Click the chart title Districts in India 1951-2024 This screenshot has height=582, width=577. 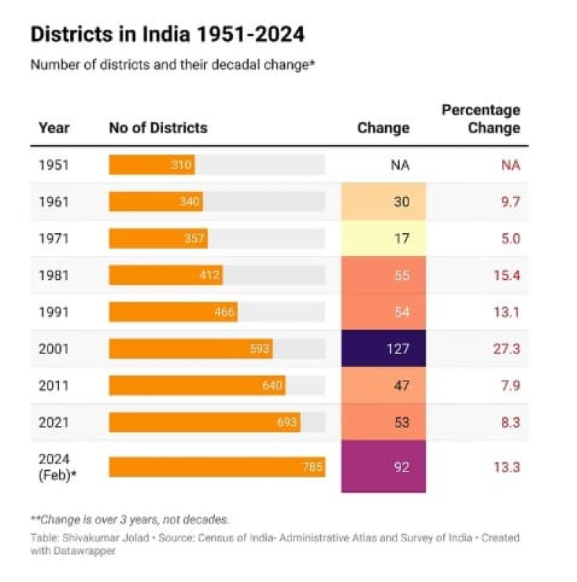click(x=167, y=34)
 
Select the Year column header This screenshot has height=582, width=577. click(x=54, y=128)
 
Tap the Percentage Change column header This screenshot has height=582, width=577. click(x=481, y=119)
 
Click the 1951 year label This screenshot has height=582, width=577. click(x=54, y=164)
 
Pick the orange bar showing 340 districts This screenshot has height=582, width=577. click(x=155, y=201)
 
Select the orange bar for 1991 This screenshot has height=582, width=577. click(x=173, y=312)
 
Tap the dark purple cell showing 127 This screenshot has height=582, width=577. click(x=384, y=348)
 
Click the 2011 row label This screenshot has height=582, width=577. click(x=54, y=385)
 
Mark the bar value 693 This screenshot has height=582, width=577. click(x=286, y=422)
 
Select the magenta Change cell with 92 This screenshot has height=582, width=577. click(x=384, y=467)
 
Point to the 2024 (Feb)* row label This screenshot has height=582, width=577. click(x=56, y=467)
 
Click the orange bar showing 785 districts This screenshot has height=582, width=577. click(x=216, y=467)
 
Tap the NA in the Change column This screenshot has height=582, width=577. click(x=400, y=164)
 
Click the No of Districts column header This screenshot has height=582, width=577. click(x=158, y=128)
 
